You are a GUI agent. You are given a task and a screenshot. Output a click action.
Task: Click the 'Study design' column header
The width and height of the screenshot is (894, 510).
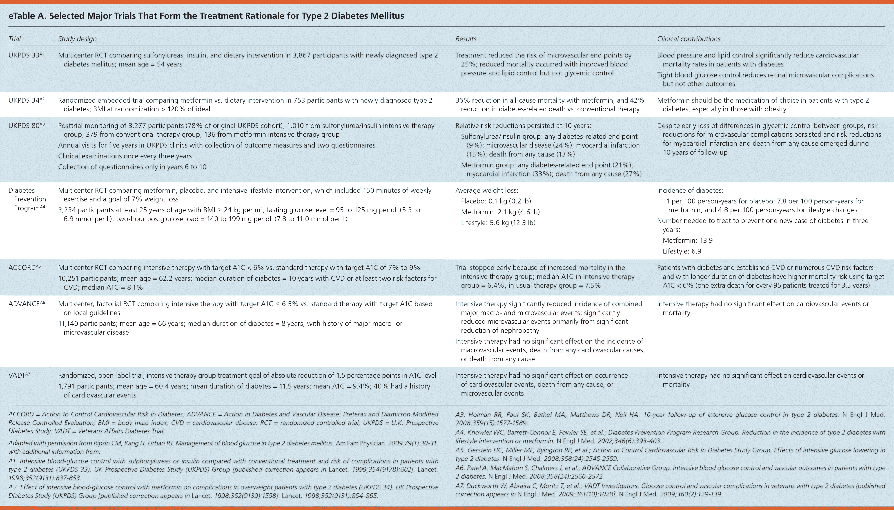point(77,39)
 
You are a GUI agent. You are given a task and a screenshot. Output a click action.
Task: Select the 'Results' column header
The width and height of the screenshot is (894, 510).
point(466,39)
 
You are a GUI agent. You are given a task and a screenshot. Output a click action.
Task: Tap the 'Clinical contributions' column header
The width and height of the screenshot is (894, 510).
point(689,39)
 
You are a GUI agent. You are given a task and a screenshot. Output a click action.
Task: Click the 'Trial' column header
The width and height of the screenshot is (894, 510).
point(15,39)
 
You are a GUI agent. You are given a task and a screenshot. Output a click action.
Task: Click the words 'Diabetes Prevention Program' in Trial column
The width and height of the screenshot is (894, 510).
point(27,199)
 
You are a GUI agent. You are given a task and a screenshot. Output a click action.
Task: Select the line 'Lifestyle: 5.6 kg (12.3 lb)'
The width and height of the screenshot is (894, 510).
point(498,223)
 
